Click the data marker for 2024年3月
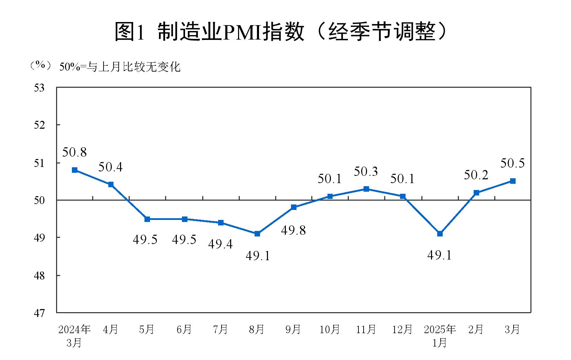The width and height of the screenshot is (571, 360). pyautogui.click(x=75, y=170)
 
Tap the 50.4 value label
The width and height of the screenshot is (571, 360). pyautogui.click(x=110, y=167)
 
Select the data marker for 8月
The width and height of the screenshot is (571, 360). pyautogui.click(x=257, y=234)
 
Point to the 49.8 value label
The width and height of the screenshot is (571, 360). pyautogui.click(x=293, y=230)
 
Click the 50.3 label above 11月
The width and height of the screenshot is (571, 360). pyautogui.click(x=366, y=171)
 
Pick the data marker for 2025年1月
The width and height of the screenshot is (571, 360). pyautogui.click(x=440, y=234)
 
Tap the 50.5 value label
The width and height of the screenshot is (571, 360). pyautogui.click(x=512, y=163)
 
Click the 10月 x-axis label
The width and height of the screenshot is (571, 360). pyautogui.click(x=330, y=330)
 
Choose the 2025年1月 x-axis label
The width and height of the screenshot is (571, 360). pyautogui.click(x=440, y=336)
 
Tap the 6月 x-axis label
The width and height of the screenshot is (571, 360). pyautogui.click(x=184, y=330)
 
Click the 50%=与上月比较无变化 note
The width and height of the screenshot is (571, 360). pyautogui.click(x=120, y=67)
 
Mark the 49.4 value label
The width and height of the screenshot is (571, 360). pyautogui.click(x=220, y=244)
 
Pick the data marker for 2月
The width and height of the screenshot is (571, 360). pyautogui.click(x=476, y=193)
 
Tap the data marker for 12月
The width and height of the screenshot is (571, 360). pyautogui.click(x=403, y=197)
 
